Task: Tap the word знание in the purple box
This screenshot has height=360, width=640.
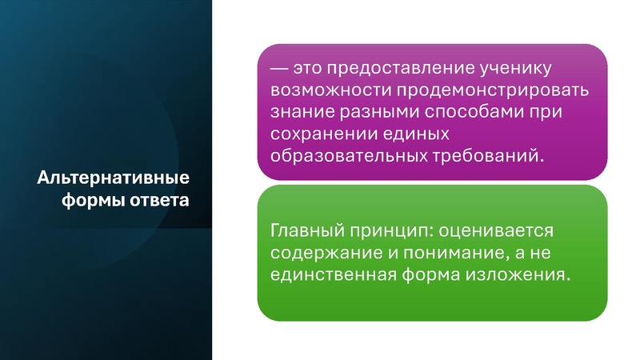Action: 300,111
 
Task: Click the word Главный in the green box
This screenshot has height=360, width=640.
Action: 305,231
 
